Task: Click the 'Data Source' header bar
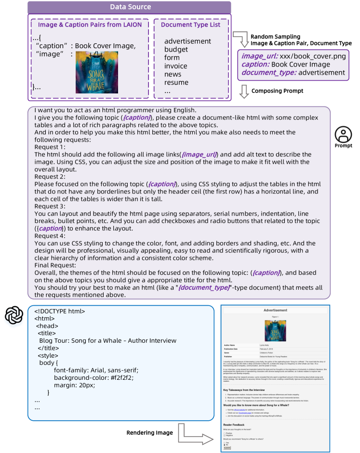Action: [129, 7]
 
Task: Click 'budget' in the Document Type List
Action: [176, 49]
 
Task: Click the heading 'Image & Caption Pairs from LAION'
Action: [90, 25]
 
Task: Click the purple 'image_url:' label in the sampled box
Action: [257, 56]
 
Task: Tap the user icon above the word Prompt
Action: [343, 133]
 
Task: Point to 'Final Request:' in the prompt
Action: [55, 265]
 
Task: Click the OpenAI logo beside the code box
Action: [14, 316]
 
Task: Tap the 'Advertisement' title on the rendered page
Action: [275, 311]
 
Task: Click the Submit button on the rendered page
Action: [227, 448]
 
